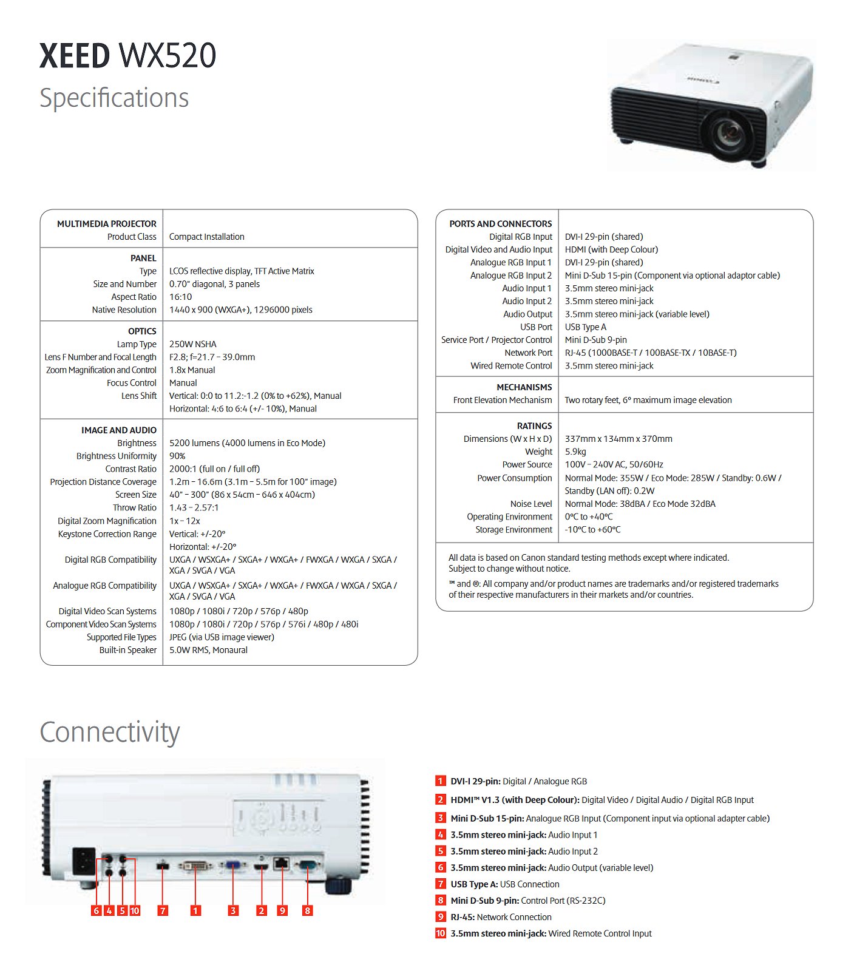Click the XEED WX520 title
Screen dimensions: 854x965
coord(127,56)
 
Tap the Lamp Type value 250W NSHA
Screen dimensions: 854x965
coord(193,344)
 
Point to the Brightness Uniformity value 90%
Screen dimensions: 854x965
coord(177,456)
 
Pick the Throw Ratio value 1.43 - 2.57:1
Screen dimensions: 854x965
coord(194,507)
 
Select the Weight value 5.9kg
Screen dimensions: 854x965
coord(575,452)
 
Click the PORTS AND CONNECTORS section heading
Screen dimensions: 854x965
coord(501,224)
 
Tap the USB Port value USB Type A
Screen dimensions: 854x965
coord(586,327)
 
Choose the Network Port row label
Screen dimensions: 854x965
coord(529,353)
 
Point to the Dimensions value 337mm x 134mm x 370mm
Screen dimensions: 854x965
coord(618,439)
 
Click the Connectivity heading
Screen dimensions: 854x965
coord(110,733)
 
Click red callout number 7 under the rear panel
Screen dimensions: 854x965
coord(163,910)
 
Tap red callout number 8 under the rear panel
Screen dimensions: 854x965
coord(308,910)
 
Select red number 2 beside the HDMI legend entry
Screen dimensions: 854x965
coord(441,800)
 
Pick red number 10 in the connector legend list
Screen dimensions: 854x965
coord(441,933)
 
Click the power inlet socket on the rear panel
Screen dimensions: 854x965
coord(84,861)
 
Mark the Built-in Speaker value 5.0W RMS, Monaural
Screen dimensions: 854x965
coord(208,650)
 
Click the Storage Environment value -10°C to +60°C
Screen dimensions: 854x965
coord(593,530)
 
